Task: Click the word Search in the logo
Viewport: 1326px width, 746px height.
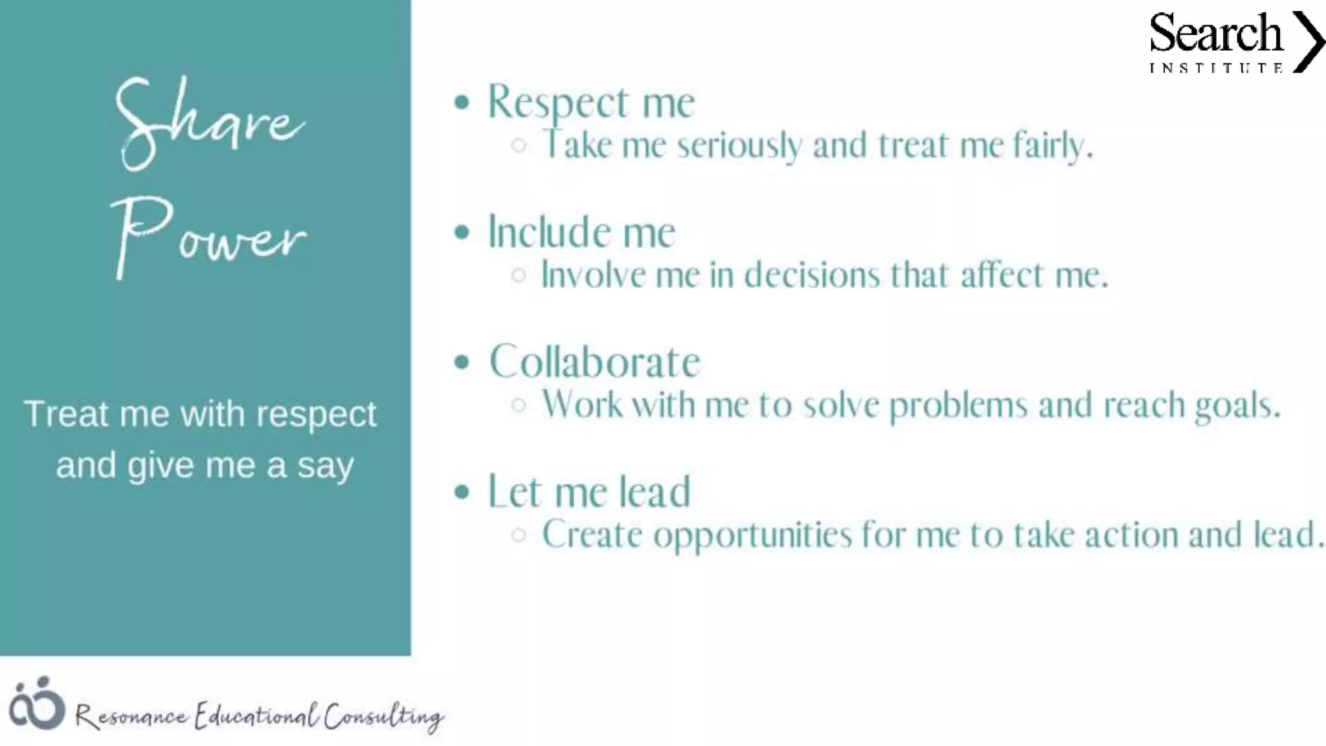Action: (x=1215, y=34)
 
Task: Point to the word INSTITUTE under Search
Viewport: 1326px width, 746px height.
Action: (x=1216, y=68)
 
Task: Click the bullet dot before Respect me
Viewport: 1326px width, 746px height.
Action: (x=461, y=102)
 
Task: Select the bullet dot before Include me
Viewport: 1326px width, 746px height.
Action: (x=461, y=232)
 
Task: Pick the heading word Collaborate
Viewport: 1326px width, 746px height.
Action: (x=594, y=361)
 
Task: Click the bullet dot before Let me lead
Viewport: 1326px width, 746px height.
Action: (x=461, y=492)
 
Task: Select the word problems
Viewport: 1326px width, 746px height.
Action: (x=958, y=406)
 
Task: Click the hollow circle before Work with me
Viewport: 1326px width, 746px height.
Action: (x=518, y=405)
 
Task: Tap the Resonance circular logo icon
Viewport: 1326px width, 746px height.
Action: (x=36, y=704)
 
